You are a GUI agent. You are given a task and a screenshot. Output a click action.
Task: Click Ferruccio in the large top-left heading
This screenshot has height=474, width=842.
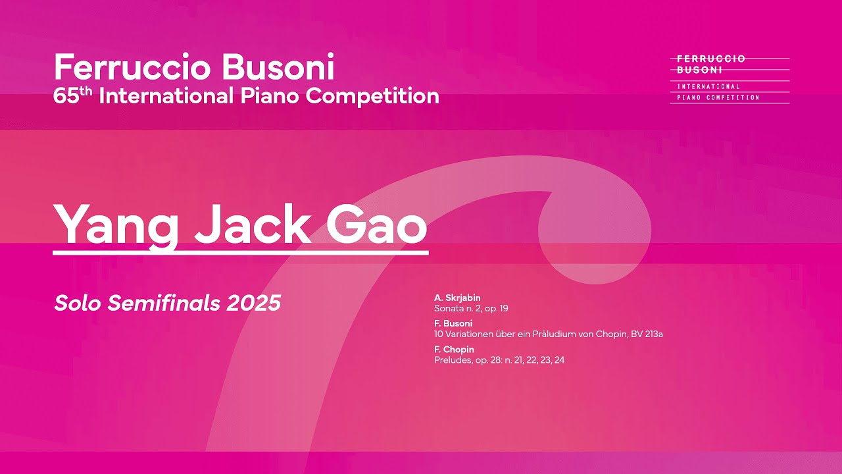click(x=132, y=68)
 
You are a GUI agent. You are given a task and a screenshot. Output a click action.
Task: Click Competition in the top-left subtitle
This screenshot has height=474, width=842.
click(x=372, y=96)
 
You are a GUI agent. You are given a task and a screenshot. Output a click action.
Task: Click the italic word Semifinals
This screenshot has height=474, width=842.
click(x=164, y=303)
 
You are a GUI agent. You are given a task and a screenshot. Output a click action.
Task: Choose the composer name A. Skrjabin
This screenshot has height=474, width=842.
click(x=457, y=298)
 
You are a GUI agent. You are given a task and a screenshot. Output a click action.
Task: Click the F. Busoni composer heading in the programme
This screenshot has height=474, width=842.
click(x=453, y=323)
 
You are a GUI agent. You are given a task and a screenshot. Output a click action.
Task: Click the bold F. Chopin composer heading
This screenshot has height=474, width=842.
click(x=454, y=349)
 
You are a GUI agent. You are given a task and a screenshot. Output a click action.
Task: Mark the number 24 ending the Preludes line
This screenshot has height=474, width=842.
click(x=559, y=359)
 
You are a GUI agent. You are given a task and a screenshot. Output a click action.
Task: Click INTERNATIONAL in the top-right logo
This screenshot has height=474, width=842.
click(x=708, y=86)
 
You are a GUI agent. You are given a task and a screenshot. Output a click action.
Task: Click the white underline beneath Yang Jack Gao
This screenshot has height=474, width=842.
click(x=240, y=251)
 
